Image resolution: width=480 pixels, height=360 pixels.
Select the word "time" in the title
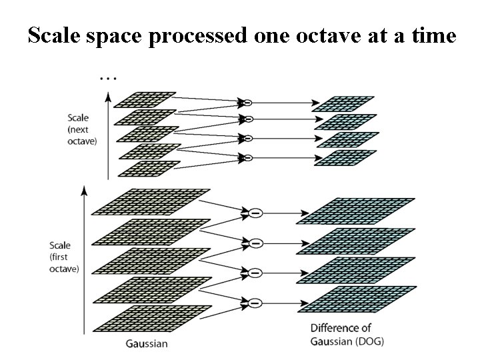coord(431,36)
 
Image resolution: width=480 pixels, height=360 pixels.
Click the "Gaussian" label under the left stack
coord(146,344)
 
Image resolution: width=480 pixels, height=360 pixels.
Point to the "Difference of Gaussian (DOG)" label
coord(347,335)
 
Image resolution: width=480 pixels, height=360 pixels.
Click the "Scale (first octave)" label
coord(64,257)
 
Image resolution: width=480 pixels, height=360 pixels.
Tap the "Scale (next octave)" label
coord(82,130)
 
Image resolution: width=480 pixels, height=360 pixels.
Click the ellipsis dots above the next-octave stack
coord(107,78)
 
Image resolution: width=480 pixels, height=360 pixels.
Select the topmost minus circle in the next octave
coord(247,103)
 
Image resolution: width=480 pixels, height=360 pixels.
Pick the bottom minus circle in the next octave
coord(247,158)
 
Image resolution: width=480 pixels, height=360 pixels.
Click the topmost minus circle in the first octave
coord(255,213)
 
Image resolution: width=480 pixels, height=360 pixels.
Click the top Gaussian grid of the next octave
coord(145,99)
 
